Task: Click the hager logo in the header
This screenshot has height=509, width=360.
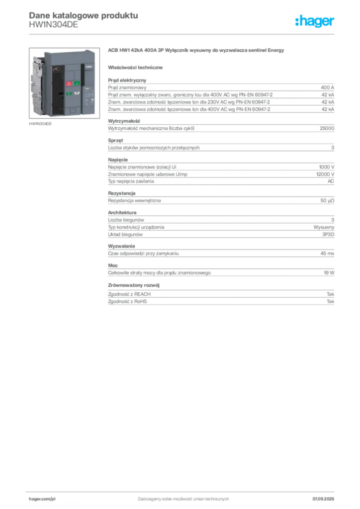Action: [x=314, y=21]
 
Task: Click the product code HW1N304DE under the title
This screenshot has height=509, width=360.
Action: [x=54, y=25]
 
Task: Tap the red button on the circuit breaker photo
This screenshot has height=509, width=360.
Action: [x=69, y=84]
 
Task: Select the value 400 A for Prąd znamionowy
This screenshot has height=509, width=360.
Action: [x=327, y=87]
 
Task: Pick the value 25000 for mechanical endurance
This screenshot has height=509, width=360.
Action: [x=327, y=128]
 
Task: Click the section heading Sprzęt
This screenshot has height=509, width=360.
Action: [x=115, y=141]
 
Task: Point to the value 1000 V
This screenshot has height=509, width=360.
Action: [x=327, y=167]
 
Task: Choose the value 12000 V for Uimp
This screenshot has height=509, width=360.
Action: [x=325, y=174]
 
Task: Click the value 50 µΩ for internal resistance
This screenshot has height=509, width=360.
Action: [x=327, y=201]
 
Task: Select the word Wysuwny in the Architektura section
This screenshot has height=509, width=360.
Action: [x=324, y=227]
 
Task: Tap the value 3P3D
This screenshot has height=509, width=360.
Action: [x=328, y=235]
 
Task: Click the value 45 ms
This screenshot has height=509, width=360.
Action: [x=327, y=254]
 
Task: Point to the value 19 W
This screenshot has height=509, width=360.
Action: [x=329, y=273]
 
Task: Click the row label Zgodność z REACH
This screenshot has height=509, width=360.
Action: [x=129, y=294]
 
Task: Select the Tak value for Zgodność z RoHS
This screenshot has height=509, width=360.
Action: [x=331, y=302]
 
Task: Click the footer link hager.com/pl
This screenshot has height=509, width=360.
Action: [x=42, y=499]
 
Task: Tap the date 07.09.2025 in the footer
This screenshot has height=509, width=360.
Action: [x=323, y=499]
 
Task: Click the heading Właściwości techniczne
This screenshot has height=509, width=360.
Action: [x=135, y=68]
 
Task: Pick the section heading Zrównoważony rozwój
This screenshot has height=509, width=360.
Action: [x=134, y=285]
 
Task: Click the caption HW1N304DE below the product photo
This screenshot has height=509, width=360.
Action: [x=40, y=124]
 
